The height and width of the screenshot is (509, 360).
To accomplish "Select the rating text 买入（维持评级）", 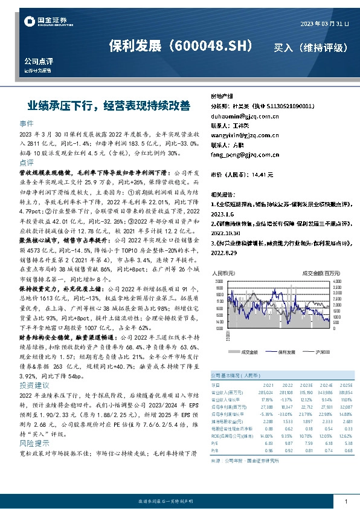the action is (x=311, y=47).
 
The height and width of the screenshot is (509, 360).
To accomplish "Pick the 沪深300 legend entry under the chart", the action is (x=322, y=351).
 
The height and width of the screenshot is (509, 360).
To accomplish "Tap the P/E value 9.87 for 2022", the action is (x=286, y=444).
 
